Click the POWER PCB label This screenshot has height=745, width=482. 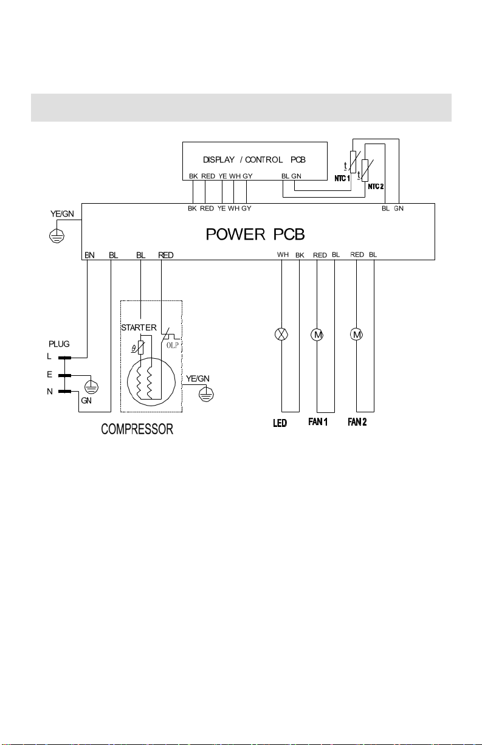[255, 235]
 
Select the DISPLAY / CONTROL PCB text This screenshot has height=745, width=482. [254, 159]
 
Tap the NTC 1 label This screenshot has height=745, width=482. [342, 179]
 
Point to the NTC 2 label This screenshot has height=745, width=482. [376, 187]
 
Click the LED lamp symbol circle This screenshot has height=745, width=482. [281, 334]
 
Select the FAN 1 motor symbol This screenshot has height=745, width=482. [317, 334]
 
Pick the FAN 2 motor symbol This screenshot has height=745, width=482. [357, 334]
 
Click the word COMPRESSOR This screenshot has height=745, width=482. [137, 429]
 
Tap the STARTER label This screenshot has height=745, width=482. [139, 328]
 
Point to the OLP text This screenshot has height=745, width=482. [173, 345]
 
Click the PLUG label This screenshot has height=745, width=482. [59, 344]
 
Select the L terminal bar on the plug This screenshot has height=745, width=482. [65, 358]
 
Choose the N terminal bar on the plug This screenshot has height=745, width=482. [65, 392]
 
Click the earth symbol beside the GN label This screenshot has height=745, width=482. [91, 387]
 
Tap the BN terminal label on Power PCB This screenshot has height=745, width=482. [89, 255]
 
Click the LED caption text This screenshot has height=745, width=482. [280, 423]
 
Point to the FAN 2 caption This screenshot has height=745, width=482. [357, 422]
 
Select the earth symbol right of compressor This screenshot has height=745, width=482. [206, 395]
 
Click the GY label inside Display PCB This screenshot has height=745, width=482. [247, 176]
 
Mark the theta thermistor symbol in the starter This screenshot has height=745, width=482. [140, 347]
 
